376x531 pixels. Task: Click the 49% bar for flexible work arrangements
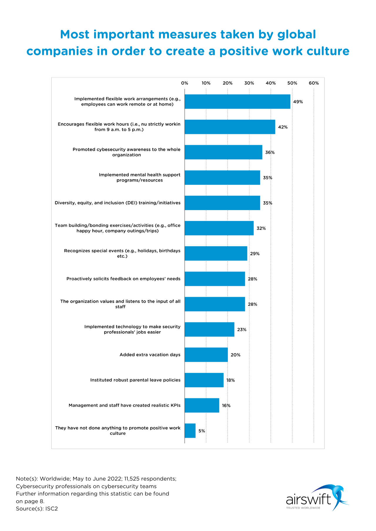coord(237,102)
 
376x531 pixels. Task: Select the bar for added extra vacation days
coord(206,355)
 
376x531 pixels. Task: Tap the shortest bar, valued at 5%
coord(190,431)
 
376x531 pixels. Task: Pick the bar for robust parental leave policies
coord(204,380)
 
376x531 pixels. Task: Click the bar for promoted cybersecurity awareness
coord(223,152)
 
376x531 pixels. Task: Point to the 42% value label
coord(283,127)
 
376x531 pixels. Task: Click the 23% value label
coord(242,329)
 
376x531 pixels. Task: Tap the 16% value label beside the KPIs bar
coord(226,405)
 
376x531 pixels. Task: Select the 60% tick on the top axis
coord(314,83)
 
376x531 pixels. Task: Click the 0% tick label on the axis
coord(184,83)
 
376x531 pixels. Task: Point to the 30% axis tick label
coord(249,83)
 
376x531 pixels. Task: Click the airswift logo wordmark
coord(308,499)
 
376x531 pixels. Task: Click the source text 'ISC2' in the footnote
coord(52,509)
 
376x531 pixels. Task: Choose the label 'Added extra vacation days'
coord(150,355)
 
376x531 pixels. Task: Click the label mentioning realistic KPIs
coord(125,405)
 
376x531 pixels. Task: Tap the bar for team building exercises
coord(219,228)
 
